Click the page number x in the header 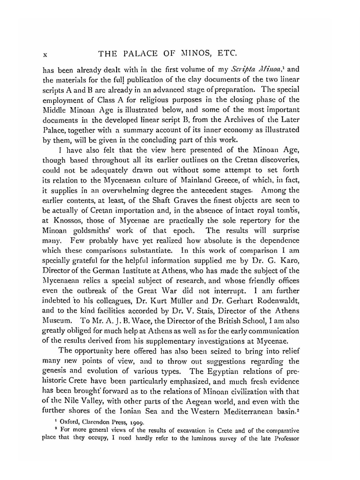[45, 55]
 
